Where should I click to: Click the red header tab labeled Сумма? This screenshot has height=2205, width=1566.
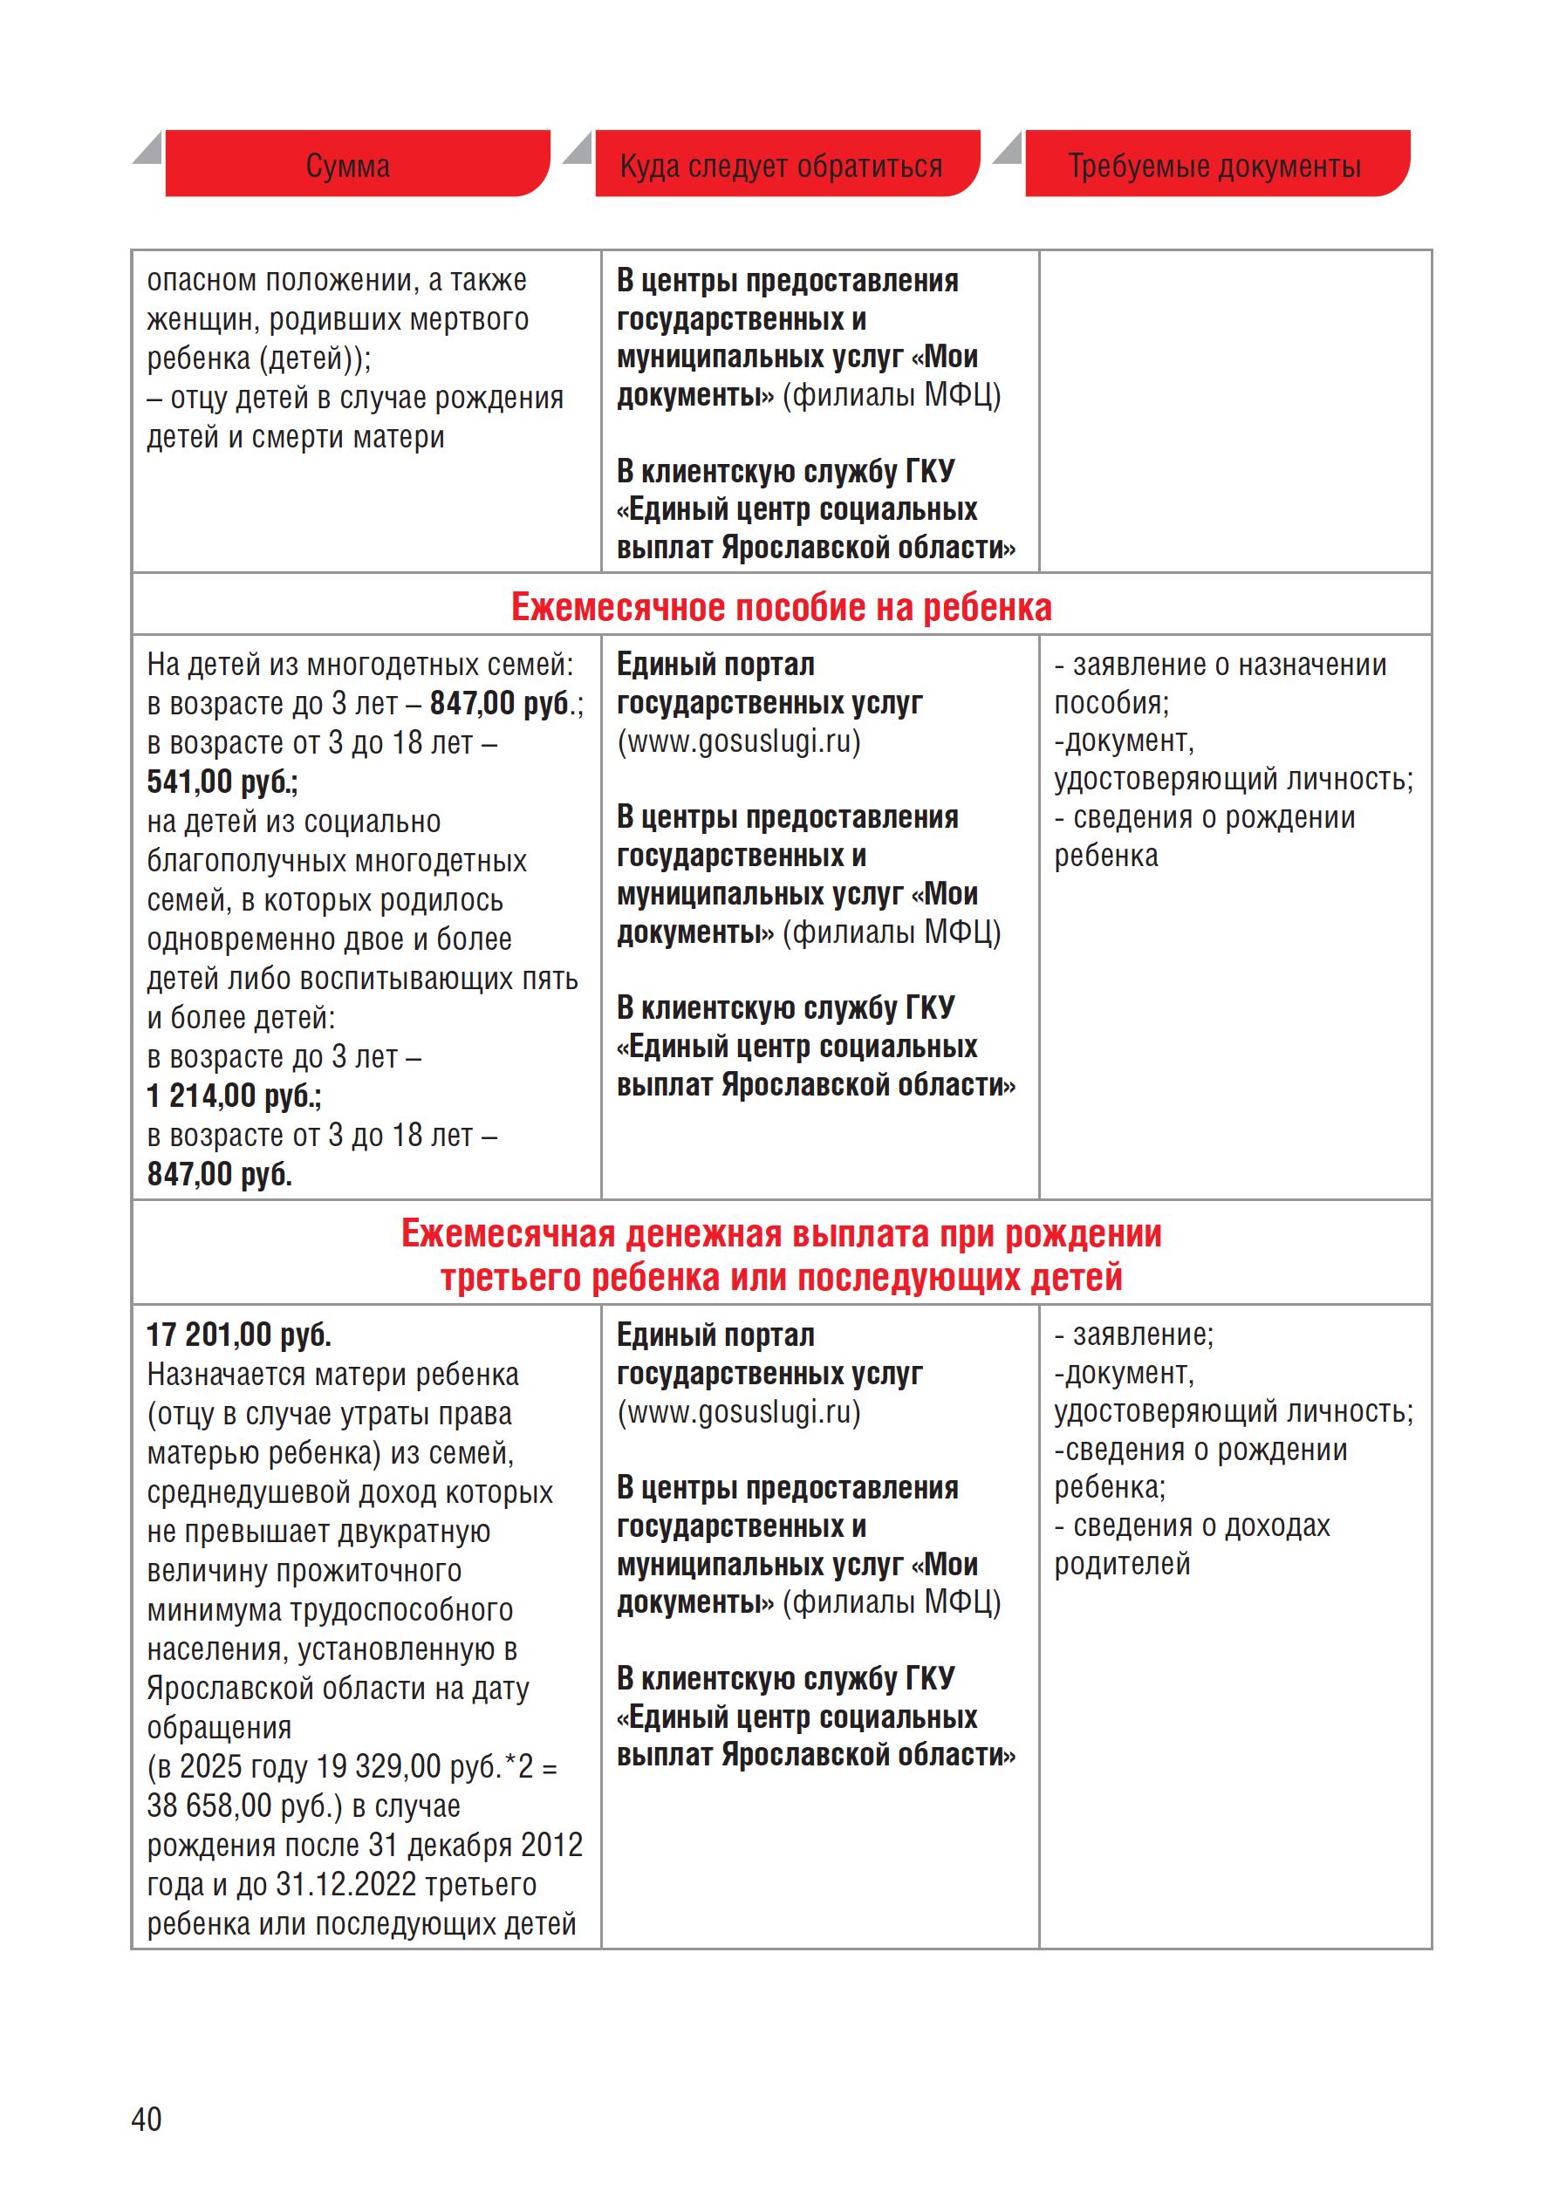(348, 166)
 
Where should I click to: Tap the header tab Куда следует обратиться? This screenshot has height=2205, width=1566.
(781, 166)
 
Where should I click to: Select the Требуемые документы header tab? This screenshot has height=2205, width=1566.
(1214, 166)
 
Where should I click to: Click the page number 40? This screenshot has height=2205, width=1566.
(147, 2119)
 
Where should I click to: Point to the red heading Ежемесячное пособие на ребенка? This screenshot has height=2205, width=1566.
(781, 607)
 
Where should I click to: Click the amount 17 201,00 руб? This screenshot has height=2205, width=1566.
(239, 1335)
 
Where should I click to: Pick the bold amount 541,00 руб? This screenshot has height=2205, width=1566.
(222, 782)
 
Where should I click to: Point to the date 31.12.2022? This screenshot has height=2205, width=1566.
(346, 1884)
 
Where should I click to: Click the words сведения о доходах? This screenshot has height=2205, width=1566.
(1201, 1526)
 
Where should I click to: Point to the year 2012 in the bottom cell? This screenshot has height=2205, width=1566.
(551, 1845)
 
